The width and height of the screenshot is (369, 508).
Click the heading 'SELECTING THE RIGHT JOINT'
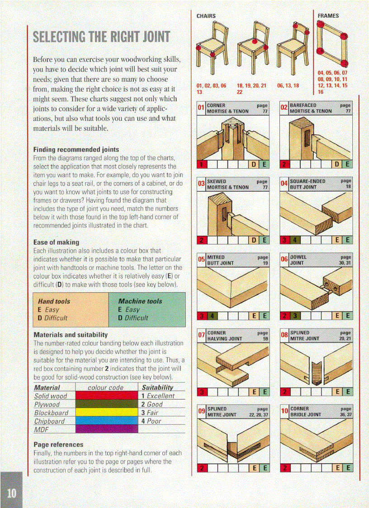click(102, 37)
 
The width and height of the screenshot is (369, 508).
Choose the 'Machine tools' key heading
click(140, 301)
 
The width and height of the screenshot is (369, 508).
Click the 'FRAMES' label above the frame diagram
click(328, 16)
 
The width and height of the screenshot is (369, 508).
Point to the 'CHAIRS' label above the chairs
click(206, 16)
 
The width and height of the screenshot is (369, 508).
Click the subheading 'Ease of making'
click(56, 242)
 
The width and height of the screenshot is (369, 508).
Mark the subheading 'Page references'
click(58, 445)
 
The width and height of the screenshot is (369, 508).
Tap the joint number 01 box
click(201, 109)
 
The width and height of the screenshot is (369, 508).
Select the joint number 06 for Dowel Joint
click(284, 260)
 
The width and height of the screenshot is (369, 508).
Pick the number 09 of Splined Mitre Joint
click(202, 411)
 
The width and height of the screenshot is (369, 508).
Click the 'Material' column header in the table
click(47, 388)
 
